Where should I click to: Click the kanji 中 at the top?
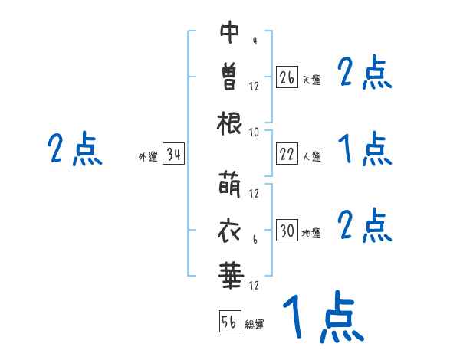[229, 32]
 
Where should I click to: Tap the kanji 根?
[229, 122]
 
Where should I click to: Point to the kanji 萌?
[229, 184]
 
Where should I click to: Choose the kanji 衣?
[229, 229]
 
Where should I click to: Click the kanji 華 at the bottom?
[229, 274]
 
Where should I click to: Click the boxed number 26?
[287, 77]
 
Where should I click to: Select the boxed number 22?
[287, 154]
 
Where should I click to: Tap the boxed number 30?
[287, 230]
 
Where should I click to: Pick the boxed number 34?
[173, 155]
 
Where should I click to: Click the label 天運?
[311, 80]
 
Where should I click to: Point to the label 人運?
[311, 156]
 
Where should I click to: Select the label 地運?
[311, 233]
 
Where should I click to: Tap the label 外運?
[148, 157]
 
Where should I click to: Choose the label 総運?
[255, 324]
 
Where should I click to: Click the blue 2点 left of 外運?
[75, 149]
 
